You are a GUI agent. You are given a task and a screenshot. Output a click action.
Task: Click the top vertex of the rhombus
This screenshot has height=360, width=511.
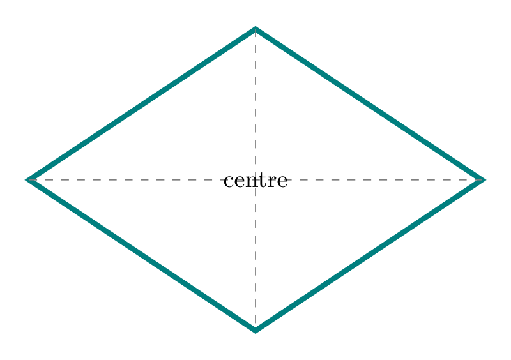click(x=256, y=28)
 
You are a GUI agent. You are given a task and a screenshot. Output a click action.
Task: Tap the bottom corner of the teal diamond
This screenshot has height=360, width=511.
click(x=256, y=331)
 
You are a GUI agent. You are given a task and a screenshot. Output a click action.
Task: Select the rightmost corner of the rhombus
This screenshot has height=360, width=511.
click(x=484, y=180)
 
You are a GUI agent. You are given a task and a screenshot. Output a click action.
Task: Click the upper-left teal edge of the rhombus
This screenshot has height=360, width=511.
click(x=141, y=104)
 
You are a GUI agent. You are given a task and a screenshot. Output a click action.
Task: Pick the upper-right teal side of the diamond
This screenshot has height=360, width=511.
click(x=370, y=104)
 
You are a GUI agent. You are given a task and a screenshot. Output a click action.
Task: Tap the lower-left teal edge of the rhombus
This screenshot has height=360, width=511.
click(x=141, y=256)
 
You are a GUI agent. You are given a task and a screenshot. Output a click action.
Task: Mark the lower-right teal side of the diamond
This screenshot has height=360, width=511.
click(x=370, y=256)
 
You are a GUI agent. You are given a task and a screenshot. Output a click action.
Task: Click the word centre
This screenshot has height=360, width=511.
click(x=256, y=181)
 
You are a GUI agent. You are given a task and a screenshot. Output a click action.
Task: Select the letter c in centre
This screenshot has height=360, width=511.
click(x=228, y=183)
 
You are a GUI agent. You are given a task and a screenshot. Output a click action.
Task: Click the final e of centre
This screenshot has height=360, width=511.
click(x=282, y=183)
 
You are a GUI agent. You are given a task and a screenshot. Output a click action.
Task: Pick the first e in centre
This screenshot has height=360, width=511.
click(x=238, y=183)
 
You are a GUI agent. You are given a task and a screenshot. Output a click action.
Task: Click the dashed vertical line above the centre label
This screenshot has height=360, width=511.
click(x=256, y=101)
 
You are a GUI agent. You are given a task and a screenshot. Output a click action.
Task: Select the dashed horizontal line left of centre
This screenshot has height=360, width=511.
click(x=126, y=180)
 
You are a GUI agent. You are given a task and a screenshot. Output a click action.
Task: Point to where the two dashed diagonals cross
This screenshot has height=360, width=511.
click(x=256, y=180)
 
